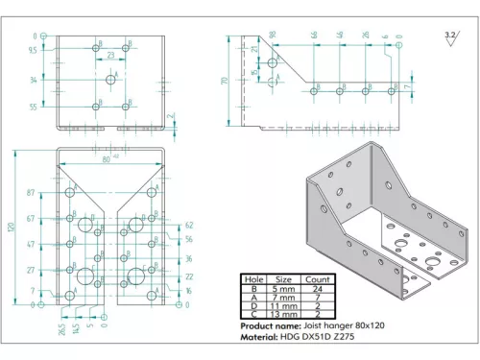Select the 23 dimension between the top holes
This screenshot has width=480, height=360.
[110, 56]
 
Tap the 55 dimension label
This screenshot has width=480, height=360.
[34, 107]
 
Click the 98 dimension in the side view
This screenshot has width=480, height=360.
[273, 36]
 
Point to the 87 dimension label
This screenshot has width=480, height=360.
[33, 194]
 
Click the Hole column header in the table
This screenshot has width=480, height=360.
[252, 279]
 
